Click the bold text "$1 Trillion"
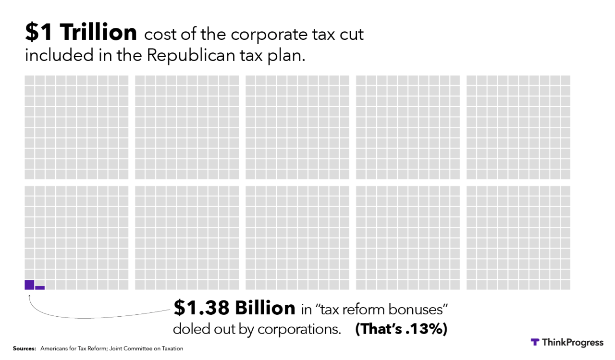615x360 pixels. (81, 33)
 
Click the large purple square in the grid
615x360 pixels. (29, 285)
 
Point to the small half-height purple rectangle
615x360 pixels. (40, 287)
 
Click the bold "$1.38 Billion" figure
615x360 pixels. (234, 308)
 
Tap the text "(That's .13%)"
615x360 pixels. (401, 329)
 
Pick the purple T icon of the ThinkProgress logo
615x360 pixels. (535, 342)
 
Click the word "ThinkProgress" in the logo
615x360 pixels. (572, 342)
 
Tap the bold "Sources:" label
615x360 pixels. (24, 348)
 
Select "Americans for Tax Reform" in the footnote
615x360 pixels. (77, 348)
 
